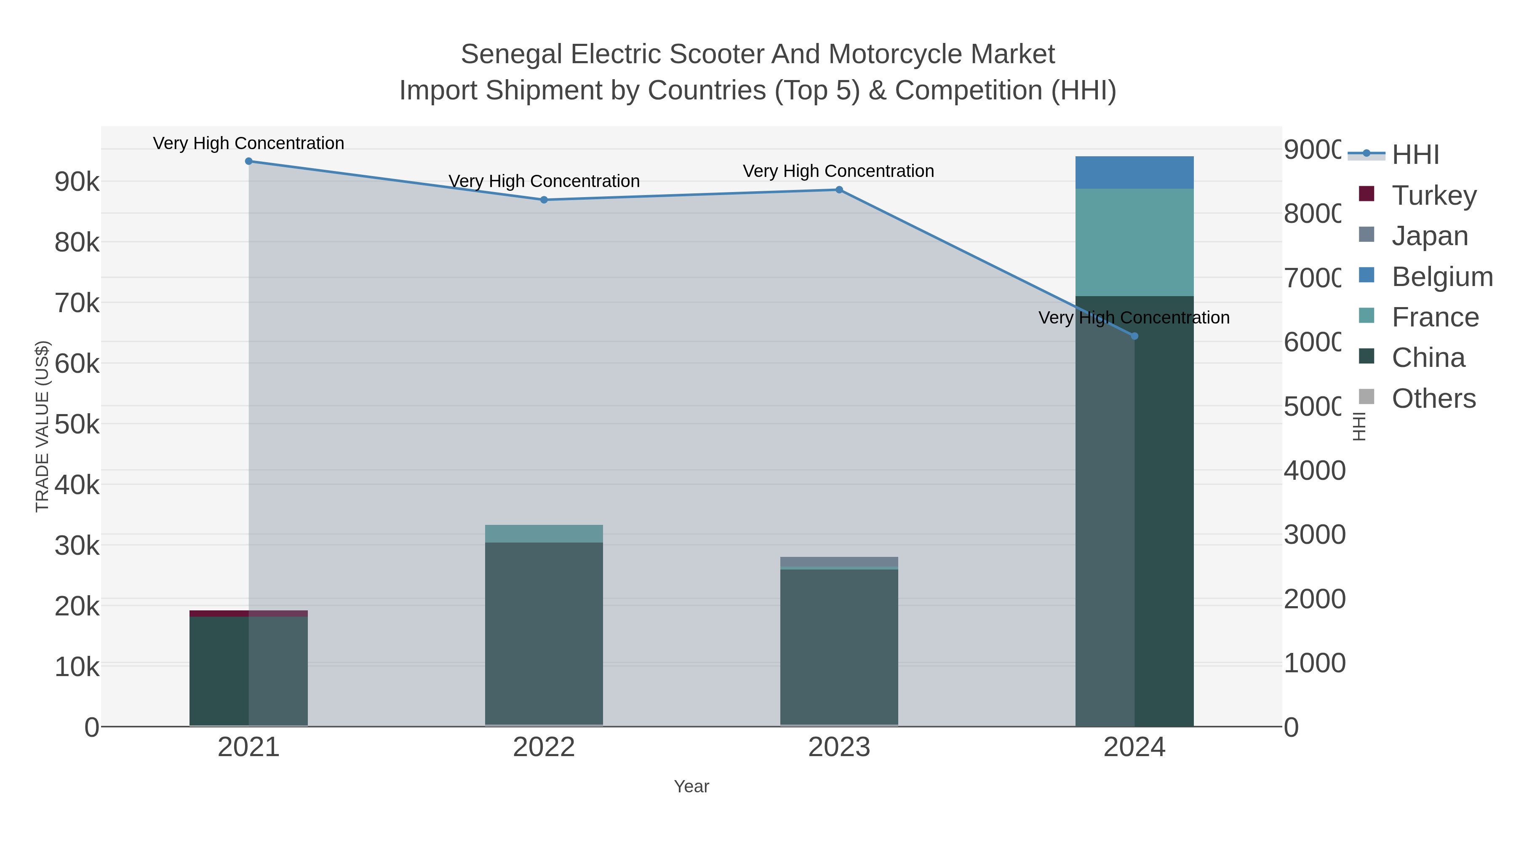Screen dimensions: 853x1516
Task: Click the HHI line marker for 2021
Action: (x=248, y=161)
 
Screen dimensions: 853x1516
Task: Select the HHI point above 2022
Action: (x=544, y=200)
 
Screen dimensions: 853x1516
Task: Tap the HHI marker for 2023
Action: (x=839, y=190)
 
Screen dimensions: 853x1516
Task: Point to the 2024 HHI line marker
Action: (x=1134, y=336)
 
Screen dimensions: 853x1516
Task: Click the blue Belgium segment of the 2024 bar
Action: (x=1134, y=172)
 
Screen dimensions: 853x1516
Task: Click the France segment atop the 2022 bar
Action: (x=544, y=533)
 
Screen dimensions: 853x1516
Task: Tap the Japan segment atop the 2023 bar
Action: (x=839, y=562)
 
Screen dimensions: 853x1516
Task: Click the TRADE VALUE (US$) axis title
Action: (x=43, y=426)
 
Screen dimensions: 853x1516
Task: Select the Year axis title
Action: (x=691, y=786)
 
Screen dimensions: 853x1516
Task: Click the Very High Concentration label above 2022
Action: (x=544, y=181)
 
